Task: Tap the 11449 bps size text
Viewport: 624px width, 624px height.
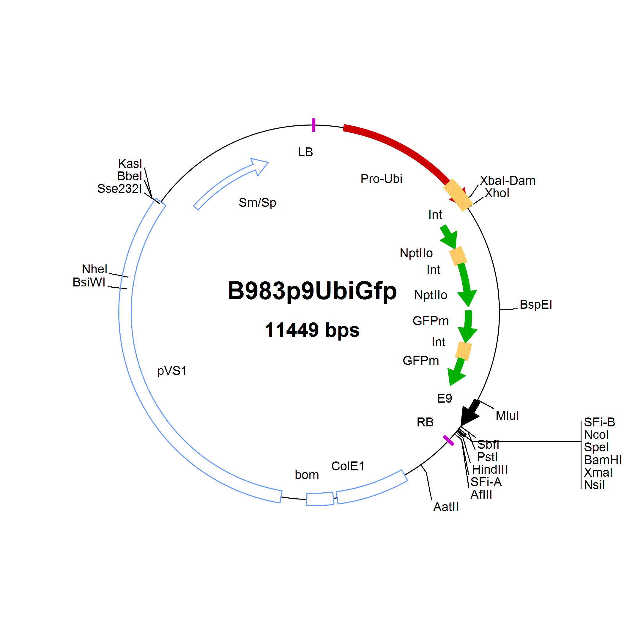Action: pos(312,330)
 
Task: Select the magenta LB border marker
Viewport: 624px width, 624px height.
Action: pos(313,125)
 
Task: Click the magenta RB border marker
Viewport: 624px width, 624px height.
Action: pos(448,441)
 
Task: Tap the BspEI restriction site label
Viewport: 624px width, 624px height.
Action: pos(536,305)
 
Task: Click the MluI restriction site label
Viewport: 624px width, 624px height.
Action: pos(507,416)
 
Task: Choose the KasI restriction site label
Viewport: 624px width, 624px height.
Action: pos(130,164)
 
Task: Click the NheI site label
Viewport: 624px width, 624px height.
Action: pos(94,269)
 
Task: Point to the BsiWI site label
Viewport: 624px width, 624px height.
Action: pos(89,282)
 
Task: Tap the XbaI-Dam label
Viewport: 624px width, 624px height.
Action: pos(508,181)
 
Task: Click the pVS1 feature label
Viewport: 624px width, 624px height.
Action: pos(172,371)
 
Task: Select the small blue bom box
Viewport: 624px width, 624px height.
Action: pos(320,499)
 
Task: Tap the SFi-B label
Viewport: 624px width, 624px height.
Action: pos(599,422)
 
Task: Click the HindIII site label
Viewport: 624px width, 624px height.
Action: pos(490,469)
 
